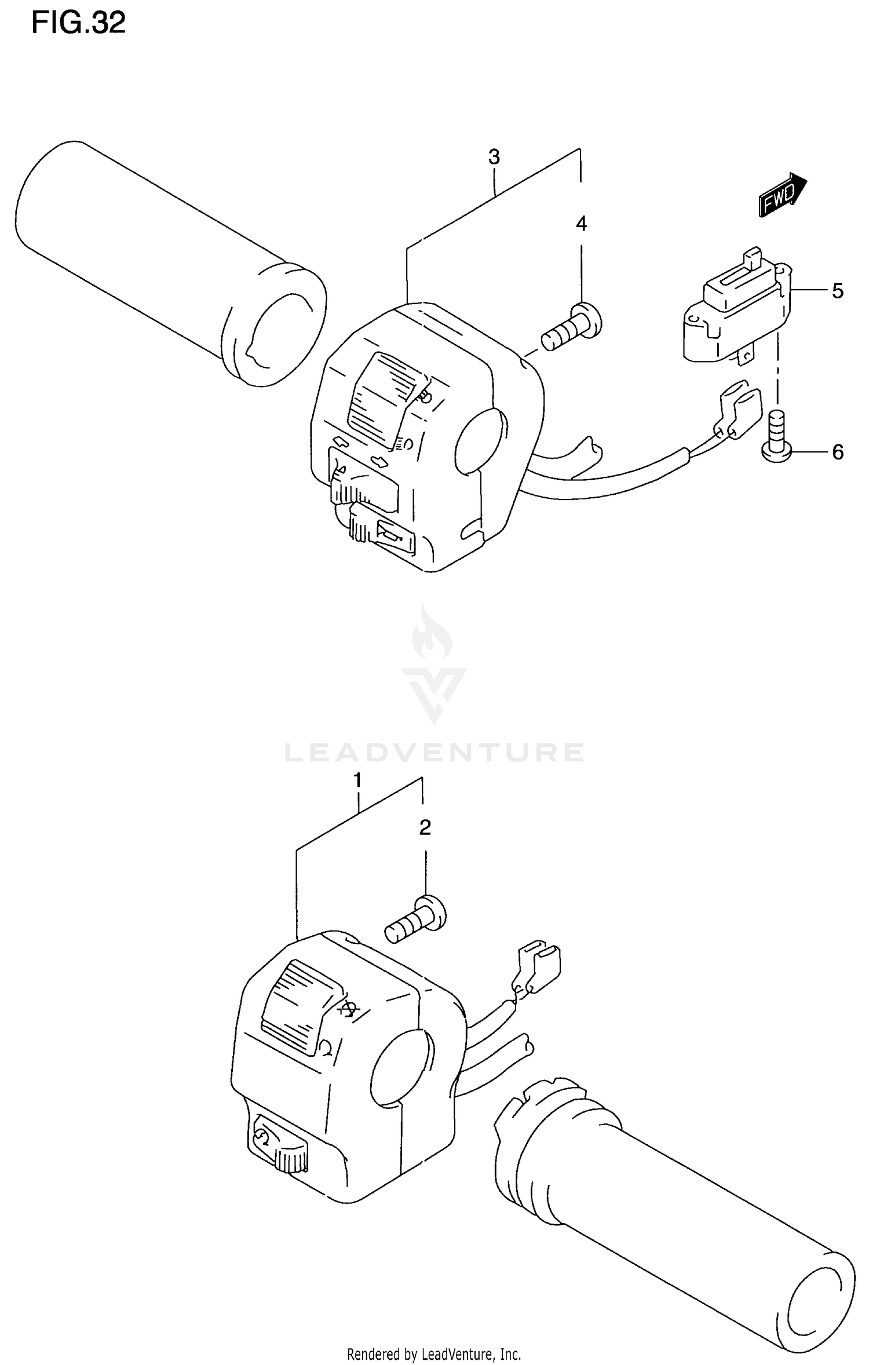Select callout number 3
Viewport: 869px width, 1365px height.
[x=494, y=157]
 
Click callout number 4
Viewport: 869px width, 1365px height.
[x=581, y=224]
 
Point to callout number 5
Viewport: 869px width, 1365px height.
[x=837, y=290]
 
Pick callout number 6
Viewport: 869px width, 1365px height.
[x=837, y=452]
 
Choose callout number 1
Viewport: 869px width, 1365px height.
[x=357, y=780]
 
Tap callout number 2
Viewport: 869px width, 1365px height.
[x=425, y=828]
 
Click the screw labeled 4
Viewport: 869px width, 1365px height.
[x=571, y=328]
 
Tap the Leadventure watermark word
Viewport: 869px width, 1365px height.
[x=434, y=752]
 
